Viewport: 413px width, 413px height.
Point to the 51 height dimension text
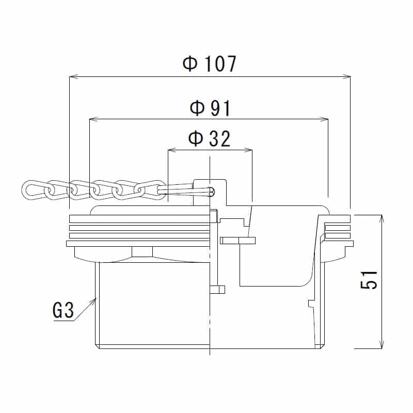370,280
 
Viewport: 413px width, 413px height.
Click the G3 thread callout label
63,311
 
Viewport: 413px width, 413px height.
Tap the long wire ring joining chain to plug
186,192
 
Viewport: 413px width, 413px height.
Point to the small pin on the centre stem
218,289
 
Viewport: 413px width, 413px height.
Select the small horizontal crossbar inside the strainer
238,240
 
